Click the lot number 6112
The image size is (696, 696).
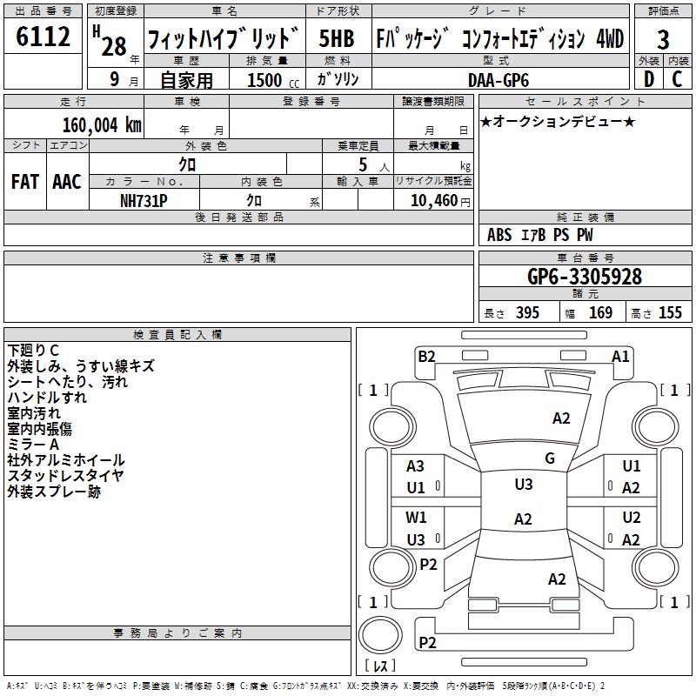pos(43,37)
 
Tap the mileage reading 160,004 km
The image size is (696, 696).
pos(102,124)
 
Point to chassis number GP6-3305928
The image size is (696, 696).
pos(585,277)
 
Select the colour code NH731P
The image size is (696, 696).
pos(144,199)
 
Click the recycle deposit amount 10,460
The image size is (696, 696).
pos(432,200)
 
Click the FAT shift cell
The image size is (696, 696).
pos(24,182)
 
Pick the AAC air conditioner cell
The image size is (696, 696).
pos(66,182)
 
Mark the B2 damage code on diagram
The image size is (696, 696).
pos(426,356)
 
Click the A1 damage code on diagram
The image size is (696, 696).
pos(620,356)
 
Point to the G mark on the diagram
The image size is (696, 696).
pos(550,458)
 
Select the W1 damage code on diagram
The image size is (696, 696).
pos(416,518)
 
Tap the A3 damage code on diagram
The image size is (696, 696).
pos(416,466)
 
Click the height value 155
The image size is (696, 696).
pos(670,312)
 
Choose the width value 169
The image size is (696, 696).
pos(600,312)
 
